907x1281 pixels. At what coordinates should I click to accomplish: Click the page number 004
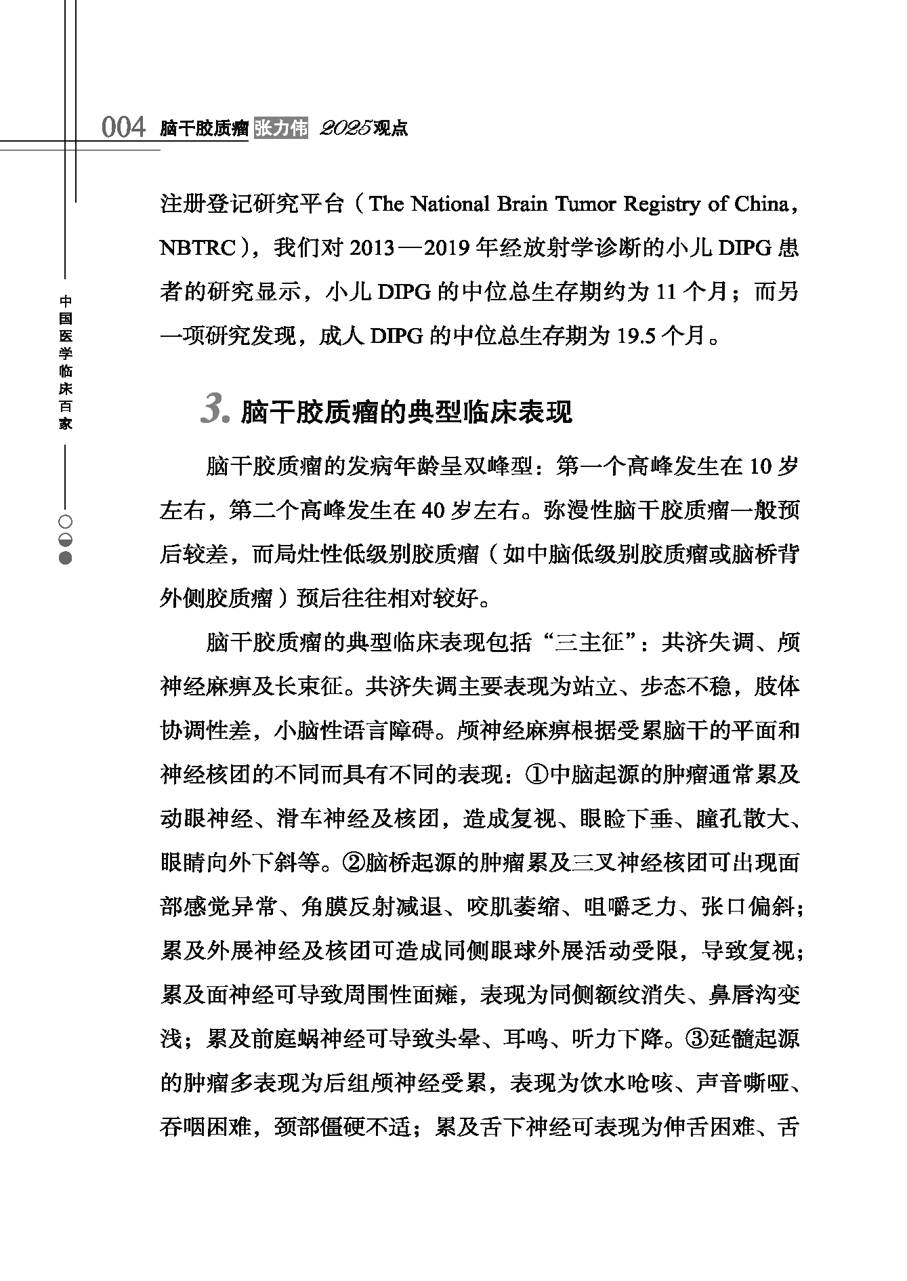point(123,127)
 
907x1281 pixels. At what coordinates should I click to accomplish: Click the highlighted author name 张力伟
point(281,127)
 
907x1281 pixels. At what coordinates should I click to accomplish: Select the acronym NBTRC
point(196,248)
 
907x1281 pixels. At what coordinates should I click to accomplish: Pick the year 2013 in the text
point(372,248)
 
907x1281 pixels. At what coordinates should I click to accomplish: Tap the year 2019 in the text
point(448,248)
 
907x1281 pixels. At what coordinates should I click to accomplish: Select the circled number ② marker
point(355,862)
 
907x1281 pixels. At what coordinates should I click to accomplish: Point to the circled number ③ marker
point(698,1038)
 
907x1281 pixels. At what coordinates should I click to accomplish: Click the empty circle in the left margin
point(66,523)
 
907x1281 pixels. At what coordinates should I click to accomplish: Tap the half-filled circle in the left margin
point(66,540)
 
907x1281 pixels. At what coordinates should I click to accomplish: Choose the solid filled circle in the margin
point(66,558)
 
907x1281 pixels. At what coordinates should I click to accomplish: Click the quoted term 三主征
point(589,643)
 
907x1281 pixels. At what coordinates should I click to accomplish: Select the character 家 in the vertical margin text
point(66,424)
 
